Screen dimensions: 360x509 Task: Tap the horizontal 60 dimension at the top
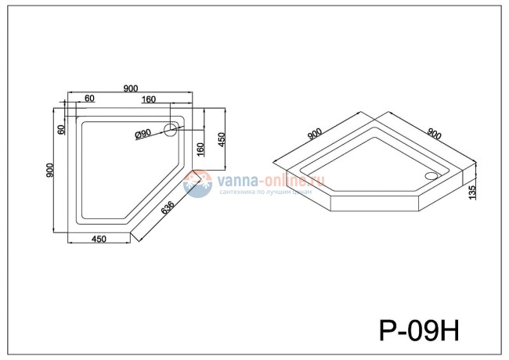[x=89, y=99]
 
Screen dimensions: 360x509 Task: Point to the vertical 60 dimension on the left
[x=61, y=128]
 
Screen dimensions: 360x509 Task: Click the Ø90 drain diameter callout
[x=143, y=134]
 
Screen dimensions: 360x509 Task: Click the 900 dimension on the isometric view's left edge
[x=315, y=134]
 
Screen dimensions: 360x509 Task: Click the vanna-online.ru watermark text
[x=270, y=180]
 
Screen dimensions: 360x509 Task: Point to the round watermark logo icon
[x=198, y=185]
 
